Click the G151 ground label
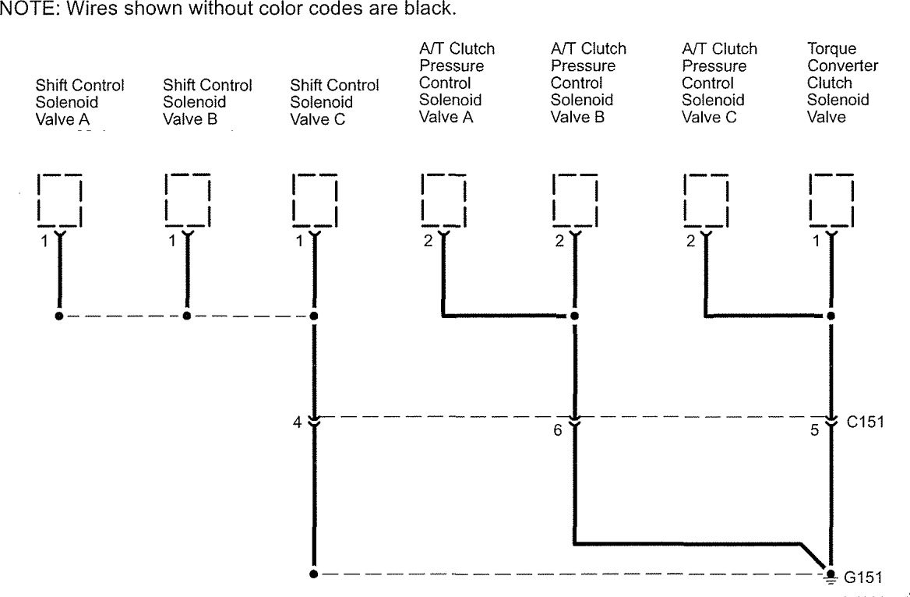(864, 578)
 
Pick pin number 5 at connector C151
(816, 429)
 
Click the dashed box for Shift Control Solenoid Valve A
(60, 200)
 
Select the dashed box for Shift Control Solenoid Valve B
(187, 200)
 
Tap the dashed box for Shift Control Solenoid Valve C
(314, 200)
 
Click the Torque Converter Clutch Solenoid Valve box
(831, 200)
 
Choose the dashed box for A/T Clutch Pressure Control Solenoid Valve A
(443, 200)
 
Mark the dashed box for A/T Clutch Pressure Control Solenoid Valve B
(574, 200)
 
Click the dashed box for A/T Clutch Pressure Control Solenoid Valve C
(705, 200)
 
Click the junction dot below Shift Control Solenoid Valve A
(59, 316)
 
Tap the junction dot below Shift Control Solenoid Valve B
(186, 316)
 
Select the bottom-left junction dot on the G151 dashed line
(313, 574)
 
